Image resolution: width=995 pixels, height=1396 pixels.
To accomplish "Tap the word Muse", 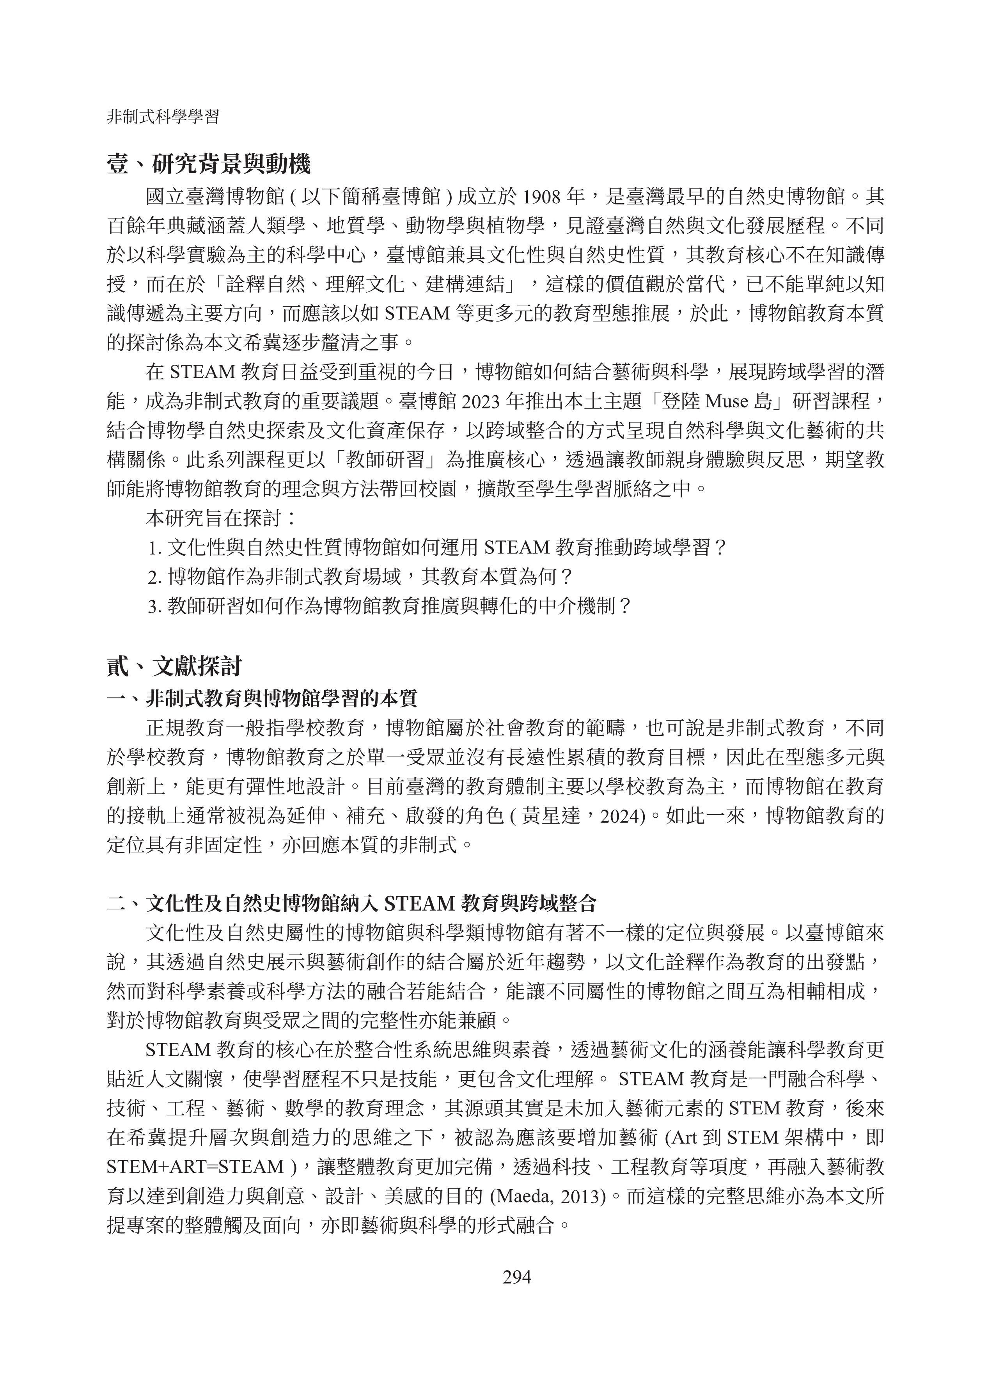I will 727,401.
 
